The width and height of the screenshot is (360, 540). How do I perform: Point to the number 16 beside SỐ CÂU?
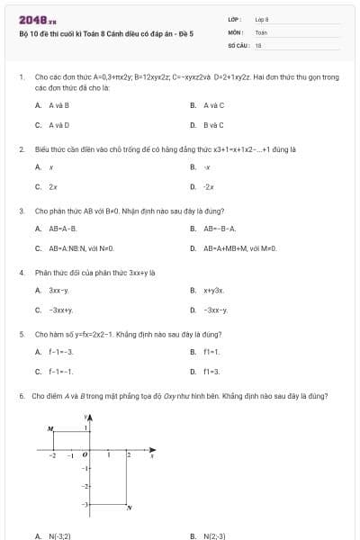pyautogui.click(x=258, y=44)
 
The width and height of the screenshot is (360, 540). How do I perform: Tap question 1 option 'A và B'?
pyautogui.click(x=58, y=105)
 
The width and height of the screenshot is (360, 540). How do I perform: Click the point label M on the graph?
pyautogui.click(x=50, y=427)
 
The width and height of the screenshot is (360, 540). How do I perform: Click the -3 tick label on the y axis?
pyautogui.click(x=85, y=504)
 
